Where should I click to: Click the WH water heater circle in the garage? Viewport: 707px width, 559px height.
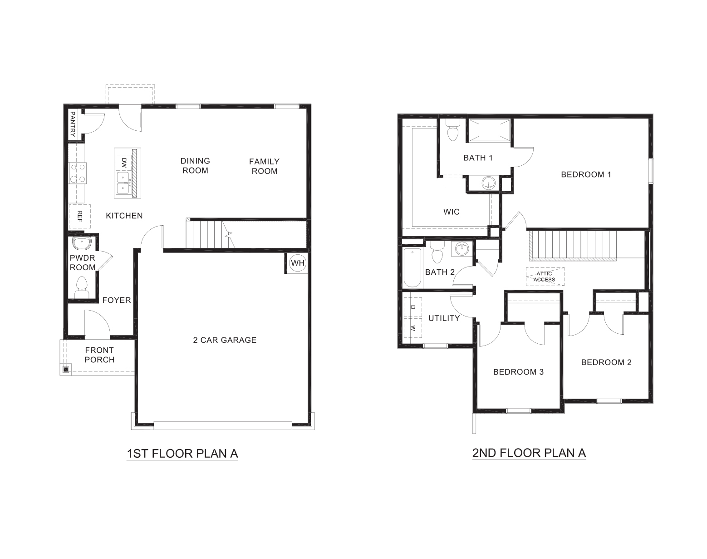tap(298, 263)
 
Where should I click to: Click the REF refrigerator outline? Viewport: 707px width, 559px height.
tap(79, 216)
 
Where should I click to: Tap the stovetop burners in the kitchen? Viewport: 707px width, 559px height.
tap(77, 173)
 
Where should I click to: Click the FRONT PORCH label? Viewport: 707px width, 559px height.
tap(99, 355)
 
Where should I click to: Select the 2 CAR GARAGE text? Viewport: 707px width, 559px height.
tap(225, 340)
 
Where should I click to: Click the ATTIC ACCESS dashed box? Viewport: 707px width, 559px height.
tap(545, 277)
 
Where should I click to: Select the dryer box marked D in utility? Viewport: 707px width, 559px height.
tap(412, 307)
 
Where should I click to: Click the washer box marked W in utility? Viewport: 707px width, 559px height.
tap(412, 328)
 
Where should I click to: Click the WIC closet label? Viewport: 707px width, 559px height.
tap(451, 212)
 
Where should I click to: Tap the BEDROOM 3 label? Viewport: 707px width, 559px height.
tap(518, 372)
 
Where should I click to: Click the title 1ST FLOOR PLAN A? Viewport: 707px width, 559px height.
tap(182, 454)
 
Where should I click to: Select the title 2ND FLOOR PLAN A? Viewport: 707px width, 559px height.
tap(529, 453)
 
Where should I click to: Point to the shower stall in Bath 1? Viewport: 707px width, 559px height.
tap(489, 130)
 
